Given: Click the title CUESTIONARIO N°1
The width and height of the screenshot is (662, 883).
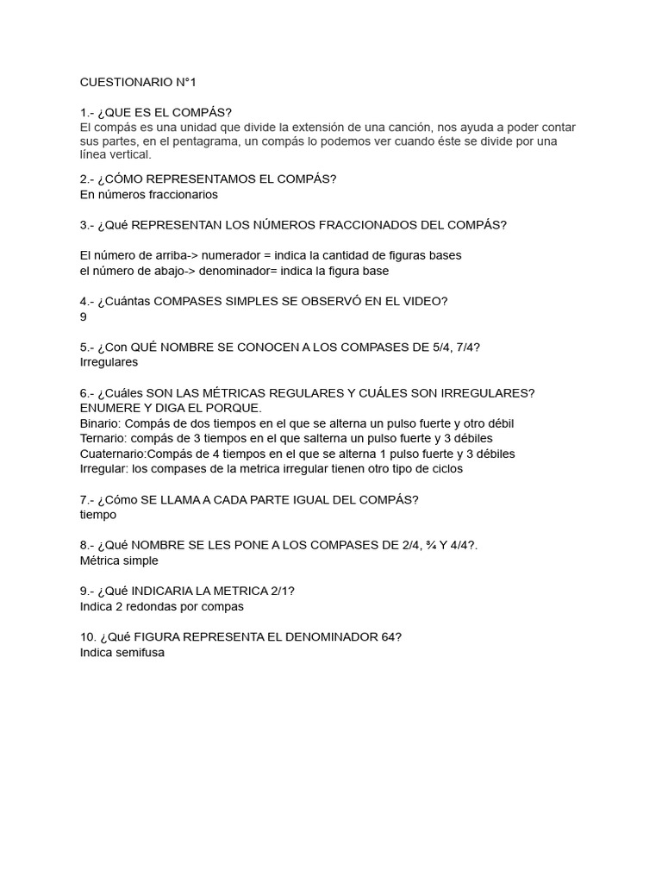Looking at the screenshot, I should [138, 82].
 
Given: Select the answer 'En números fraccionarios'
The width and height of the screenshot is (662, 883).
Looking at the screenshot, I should [148, 194].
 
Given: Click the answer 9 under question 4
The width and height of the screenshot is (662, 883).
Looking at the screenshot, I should [83, 316].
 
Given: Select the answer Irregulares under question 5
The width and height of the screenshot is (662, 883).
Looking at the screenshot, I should [109, 362].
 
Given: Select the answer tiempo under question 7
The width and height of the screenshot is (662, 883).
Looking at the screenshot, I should [97, 515].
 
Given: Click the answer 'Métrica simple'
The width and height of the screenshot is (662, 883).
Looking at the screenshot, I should [119, 560].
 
